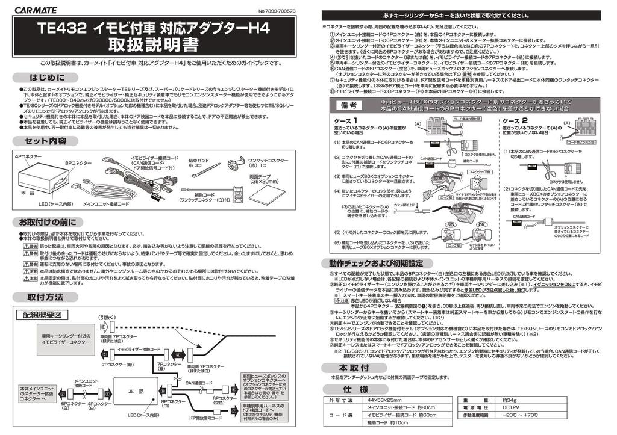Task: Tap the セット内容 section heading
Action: tap(45, 141)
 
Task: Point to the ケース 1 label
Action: tap(346, 121)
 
